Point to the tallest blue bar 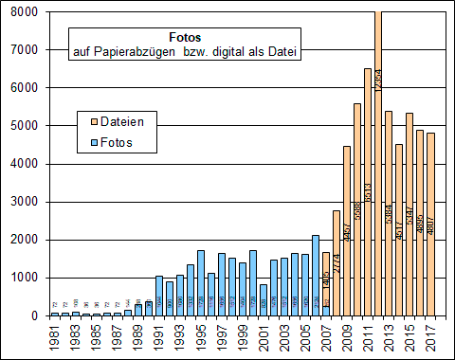tap(315, 275)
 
